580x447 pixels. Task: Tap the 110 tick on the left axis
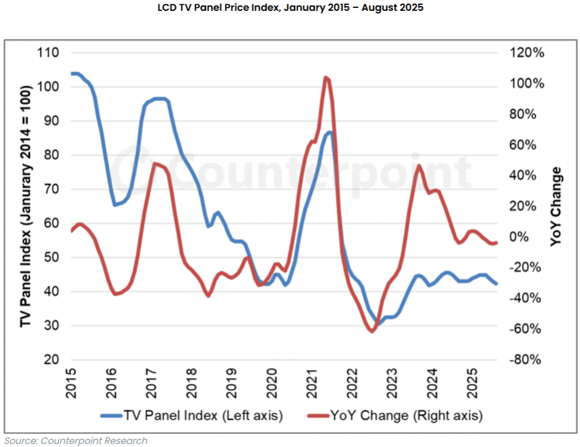tap(50, 53)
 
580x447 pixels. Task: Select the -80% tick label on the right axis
tap(524, 360)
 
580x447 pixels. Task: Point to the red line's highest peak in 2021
tap(326, 77)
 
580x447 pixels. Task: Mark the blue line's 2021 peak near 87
tap(329, 132)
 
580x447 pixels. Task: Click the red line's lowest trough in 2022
tap(372, 331)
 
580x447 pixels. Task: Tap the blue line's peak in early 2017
tap(158, 98)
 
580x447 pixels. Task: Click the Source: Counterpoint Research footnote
tap(76, 440)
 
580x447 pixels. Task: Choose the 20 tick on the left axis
tap(52, 360)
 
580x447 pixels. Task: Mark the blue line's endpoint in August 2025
tap(497, 284)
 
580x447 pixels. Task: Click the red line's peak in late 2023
tap(417, 165)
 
